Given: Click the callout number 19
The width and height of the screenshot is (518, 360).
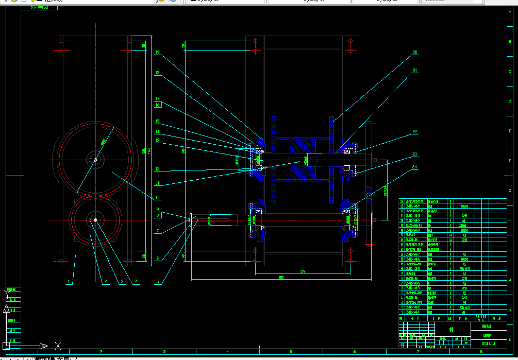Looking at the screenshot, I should pyautogui.click(x=157, y=53).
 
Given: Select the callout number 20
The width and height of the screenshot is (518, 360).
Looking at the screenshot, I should pyautogui.click(x=414, y=53).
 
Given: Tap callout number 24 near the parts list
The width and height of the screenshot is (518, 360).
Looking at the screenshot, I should pyautogui.click(x=414, y=167).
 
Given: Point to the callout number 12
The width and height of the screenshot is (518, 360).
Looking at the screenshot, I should pyautogui.click(x=157, y=169).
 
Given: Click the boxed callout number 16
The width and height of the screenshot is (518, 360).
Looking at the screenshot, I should pyautogui.click(x=158, y=105).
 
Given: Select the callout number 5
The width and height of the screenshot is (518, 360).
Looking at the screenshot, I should pyautogui.click(x=157, y=282).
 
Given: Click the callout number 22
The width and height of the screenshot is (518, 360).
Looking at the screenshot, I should pyautogui.click(x=414, y=132).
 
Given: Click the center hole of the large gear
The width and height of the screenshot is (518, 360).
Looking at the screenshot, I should pyautogui.click(x=95, y=160).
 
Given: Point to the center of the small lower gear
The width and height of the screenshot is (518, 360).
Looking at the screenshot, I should pyautogui.click(x=95, y=220).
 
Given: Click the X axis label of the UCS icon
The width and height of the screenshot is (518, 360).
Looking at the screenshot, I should pyautogui.click(x=58, y=346).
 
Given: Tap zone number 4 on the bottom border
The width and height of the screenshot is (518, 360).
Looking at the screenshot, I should pyautogui.click(x=227, y=352).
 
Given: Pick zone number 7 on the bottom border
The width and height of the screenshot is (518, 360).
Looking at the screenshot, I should pyautogui.click(x=417, y=352).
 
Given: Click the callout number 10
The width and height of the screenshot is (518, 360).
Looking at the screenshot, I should pyautogui.click(x=157, y=197).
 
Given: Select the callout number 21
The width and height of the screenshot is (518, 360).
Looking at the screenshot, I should pyautogui.click(x=414, y=71).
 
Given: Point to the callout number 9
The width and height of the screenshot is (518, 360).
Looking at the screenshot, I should pyautogui.click(x=157, y=209).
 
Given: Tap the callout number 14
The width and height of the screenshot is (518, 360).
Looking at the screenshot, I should pyautogui.click(x=157, y=132).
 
